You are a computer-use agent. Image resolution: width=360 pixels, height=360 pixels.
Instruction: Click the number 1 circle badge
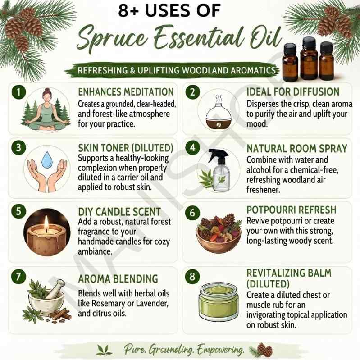point(18,92)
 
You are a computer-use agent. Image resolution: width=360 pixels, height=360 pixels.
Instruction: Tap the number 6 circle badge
point(192,213)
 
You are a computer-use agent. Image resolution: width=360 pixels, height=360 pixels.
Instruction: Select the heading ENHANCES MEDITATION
point(126,92)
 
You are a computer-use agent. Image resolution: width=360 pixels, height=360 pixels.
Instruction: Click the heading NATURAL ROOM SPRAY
point(296,149)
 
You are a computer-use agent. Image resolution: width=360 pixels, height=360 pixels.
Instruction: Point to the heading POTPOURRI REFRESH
point(292,210)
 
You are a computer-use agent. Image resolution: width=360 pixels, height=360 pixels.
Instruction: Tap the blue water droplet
point(47,159)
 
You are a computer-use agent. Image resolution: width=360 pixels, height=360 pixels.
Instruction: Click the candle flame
point(46,223)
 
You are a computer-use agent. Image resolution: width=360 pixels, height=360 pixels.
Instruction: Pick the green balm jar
point(218,301)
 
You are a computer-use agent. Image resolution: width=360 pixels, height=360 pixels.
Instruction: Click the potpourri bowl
point(219,239)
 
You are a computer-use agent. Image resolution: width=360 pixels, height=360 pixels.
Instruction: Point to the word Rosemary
point(109,304)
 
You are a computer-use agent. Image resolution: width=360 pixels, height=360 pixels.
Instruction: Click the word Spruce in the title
point(113,38)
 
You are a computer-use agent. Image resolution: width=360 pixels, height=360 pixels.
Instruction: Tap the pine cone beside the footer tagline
point(264,350)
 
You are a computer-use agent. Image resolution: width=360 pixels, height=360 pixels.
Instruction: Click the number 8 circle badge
point(192,277)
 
